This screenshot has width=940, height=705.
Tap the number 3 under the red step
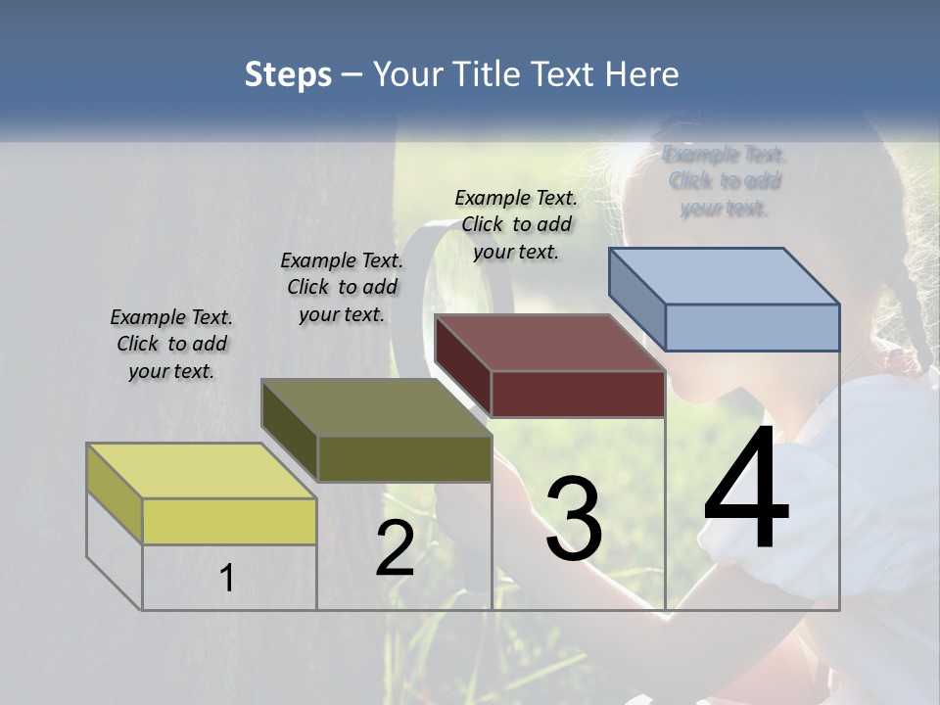[574, 519]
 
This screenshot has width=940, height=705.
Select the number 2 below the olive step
[395, 548]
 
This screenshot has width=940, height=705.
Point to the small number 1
[227, 579]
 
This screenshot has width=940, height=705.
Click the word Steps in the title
[288, 74]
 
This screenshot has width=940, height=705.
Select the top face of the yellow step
[201, 471]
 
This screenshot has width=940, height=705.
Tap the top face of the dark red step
[549, 343]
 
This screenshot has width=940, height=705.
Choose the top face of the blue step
[724, 276]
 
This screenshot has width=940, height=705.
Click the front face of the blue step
[752, 327]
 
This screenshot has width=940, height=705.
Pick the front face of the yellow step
[229, 521]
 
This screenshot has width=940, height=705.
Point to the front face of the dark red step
[578, 394]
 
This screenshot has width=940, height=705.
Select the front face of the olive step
[403, 458]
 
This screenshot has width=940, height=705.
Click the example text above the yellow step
[171, 344]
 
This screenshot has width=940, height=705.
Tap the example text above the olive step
[342, 287]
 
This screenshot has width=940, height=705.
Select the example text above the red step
[516, 224]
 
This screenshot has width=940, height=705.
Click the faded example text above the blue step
[725, 181]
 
